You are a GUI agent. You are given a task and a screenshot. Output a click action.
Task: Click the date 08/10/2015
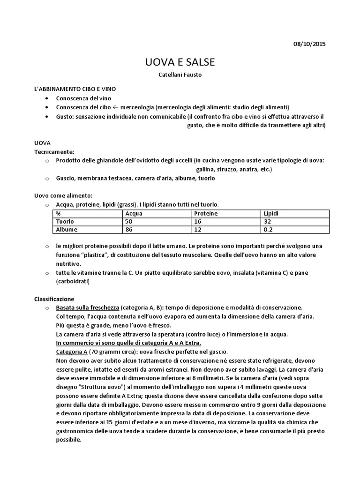tap(309, 44)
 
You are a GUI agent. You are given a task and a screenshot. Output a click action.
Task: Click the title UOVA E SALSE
tap(180, 62)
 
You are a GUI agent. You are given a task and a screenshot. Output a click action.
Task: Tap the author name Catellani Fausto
tap(180, 75)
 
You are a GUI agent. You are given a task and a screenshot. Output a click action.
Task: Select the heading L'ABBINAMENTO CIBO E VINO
tap(75, 89)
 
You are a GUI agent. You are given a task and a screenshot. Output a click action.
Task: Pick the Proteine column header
tap(206, 213)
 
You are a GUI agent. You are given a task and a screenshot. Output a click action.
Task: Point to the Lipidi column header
tap(271, 213)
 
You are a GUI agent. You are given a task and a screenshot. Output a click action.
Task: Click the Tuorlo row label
tap(65, 221)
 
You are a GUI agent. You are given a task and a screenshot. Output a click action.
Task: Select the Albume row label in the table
tap(67, 229)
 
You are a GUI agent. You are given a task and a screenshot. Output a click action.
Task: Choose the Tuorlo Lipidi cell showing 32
tap(268, 221)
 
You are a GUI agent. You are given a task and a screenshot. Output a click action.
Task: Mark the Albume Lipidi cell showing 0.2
tap(269, 229)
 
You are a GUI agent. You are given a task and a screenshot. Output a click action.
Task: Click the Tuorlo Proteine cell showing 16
tap(198, 221)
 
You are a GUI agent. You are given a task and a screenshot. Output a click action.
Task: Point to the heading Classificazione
tap(54, 299)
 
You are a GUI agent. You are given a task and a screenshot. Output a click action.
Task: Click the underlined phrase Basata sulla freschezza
tap(87, 307)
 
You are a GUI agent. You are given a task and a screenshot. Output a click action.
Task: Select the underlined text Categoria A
tap(71, 352)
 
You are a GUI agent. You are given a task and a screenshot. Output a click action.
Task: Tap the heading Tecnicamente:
tap(54, 151)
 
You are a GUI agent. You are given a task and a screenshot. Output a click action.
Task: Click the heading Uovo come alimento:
tap(63, 195)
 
